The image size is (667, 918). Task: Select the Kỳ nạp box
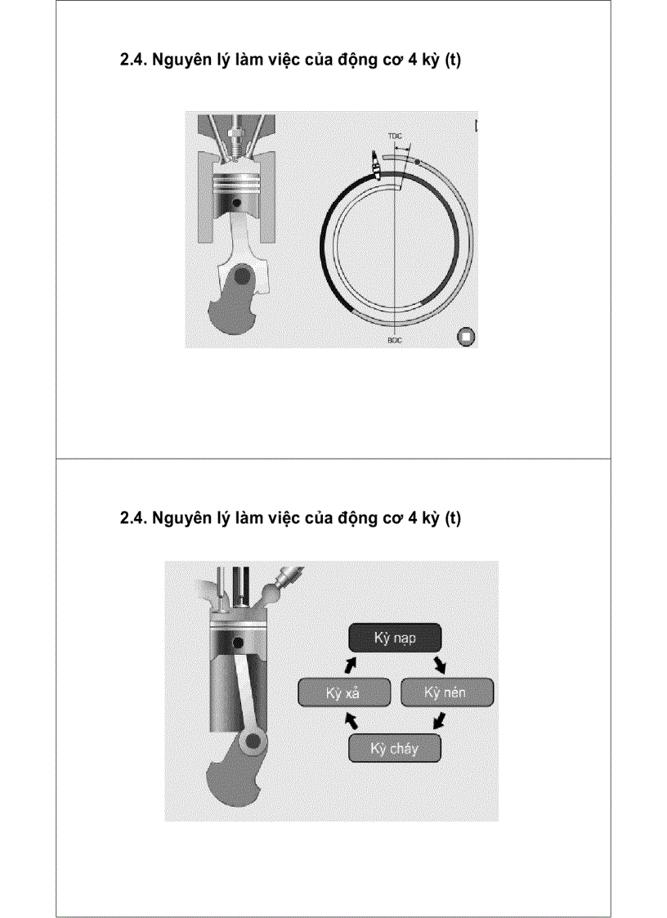(x=396, y=638)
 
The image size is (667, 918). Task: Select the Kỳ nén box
(x=447, y=692)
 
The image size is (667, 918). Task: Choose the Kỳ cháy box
(x=395, y=748)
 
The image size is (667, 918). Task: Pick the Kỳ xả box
(x=342, y=692)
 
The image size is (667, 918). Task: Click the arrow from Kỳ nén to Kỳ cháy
(x=439, y=720)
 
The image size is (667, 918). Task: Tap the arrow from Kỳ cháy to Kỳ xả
(x=351, y=720)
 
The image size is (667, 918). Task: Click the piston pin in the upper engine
(x=236, y=201)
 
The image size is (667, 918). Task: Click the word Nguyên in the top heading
(x=178, y=60)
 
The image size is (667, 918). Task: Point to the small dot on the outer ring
(x=419, y=163)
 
